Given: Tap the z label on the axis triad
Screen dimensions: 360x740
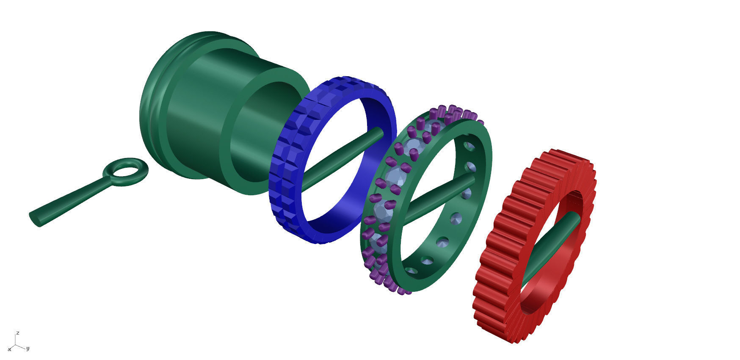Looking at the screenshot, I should pos(17,333).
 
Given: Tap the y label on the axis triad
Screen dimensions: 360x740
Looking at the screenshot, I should pos(28,349).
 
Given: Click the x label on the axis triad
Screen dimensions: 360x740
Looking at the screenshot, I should pos(9,349).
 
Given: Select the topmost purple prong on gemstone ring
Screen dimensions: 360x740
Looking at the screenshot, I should pos(452,109).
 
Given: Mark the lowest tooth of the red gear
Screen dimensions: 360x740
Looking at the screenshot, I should pos(512,337).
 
